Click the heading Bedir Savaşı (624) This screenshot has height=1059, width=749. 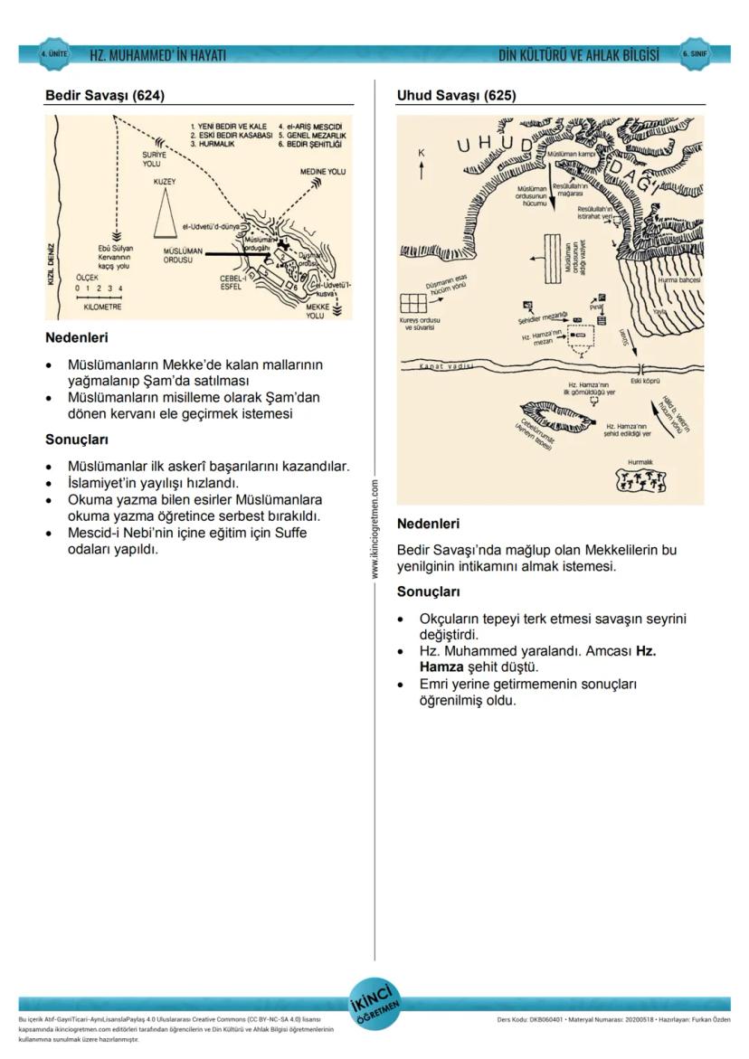point(105,95)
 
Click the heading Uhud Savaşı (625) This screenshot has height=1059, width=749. point(456,95)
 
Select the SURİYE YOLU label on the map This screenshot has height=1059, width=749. point(154,158)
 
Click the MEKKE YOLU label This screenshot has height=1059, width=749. point(316,311)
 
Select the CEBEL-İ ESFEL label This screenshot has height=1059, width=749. point(233,282)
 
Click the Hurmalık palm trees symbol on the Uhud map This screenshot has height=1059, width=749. point(641,481)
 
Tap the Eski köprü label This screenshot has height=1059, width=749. point(645,380)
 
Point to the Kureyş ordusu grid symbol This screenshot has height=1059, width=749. point(413,303)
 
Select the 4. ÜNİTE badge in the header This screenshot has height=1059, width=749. point(54,54)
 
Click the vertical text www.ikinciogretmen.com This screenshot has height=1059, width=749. point(374,530)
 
